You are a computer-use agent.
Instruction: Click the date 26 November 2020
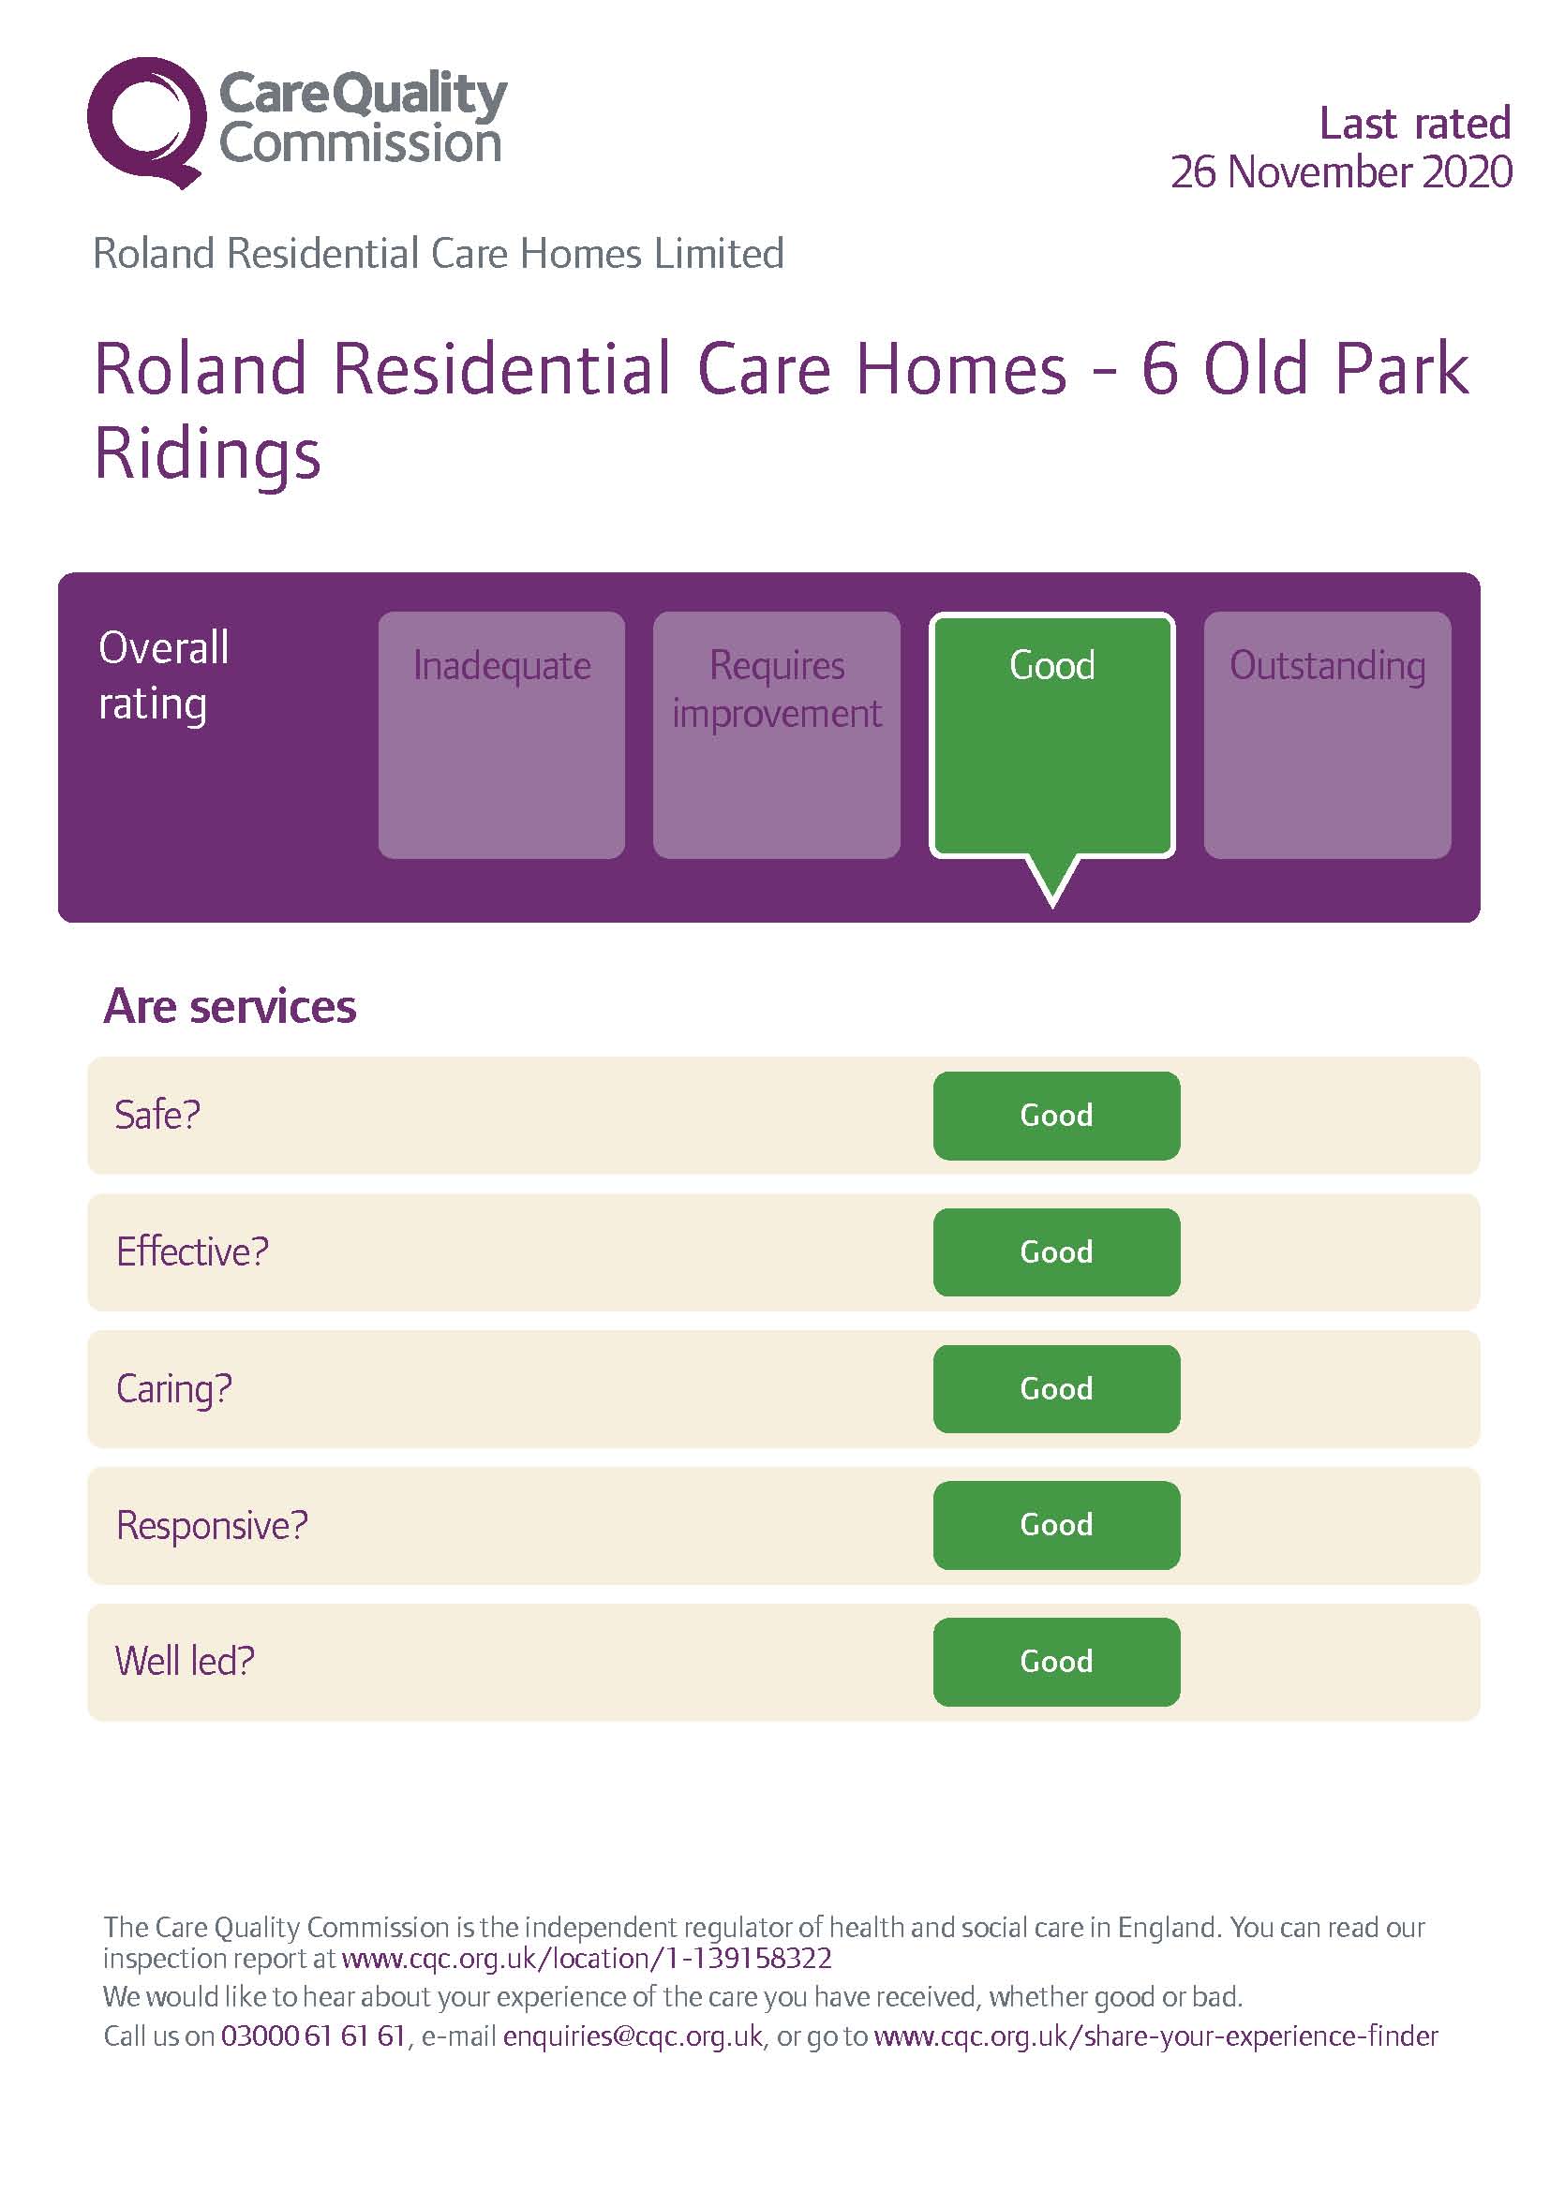[1341, 172]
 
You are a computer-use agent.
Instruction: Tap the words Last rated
[1414, 123]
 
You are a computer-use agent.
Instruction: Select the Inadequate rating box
[501, 734]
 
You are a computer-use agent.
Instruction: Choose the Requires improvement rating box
[776, 734]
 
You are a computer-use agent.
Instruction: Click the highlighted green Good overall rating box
[1051, 734]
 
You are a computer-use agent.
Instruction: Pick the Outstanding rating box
[1327, 734]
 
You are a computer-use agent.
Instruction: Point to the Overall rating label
[163, 676]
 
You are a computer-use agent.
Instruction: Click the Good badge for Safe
[1055, 1116]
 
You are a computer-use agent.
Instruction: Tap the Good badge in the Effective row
[1055, 1252]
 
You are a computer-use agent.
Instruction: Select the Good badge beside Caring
[1055, 1388]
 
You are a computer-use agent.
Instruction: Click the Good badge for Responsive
[1055, 1525]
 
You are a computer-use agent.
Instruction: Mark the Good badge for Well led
[1055, 1662]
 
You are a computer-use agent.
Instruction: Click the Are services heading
[230, 1007]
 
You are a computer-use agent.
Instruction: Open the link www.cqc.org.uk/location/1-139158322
[587, 1958]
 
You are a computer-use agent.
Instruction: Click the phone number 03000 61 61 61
[313, 2036]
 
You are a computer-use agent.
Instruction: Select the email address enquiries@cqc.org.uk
[633, 2036]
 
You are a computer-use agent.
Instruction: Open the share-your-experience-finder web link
[1155, 2036]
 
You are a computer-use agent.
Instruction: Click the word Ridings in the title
[207, 455]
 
